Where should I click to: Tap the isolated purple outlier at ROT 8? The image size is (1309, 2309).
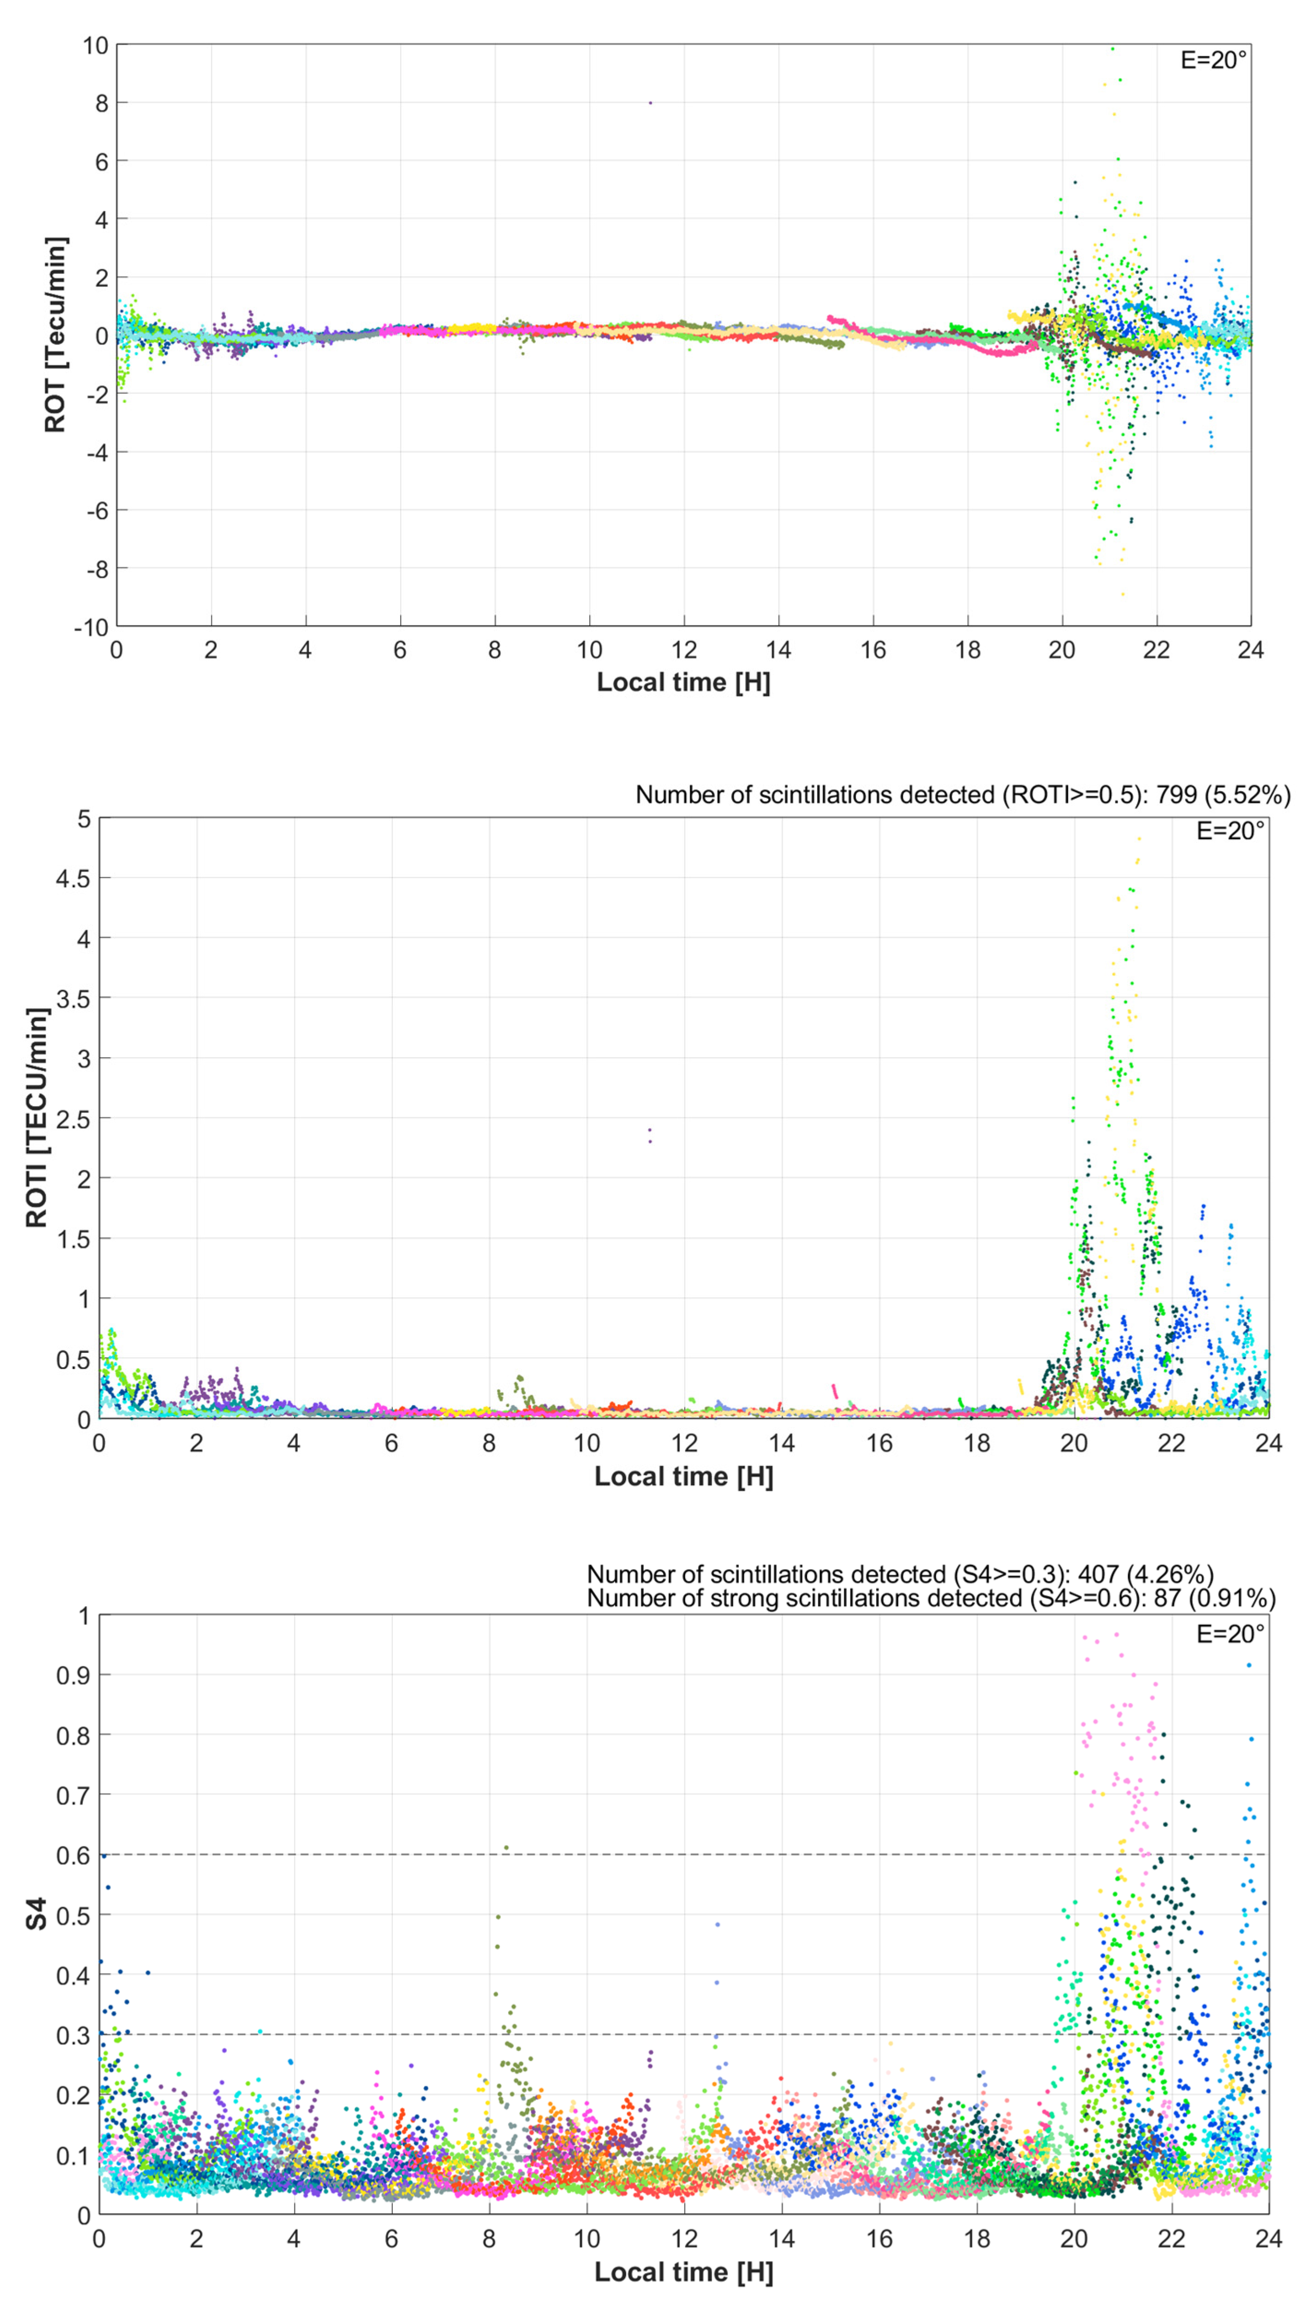point(650,102)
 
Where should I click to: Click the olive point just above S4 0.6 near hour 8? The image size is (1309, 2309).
point(506,1848)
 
